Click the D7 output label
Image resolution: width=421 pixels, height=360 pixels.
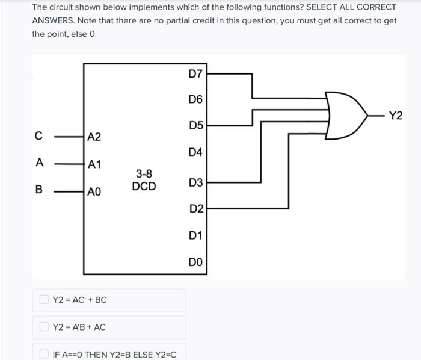tap(196, 74)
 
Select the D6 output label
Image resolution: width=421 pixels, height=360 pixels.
tap(196, 99)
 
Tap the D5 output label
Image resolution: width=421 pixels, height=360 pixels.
tap(196, 126)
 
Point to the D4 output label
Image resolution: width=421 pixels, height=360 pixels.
tap(196, 153)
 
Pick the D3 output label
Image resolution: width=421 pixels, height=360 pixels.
tap(196, 182)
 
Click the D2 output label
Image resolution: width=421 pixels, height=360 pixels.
tap(196, 209)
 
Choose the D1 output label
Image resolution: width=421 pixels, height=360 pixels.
tap(196, 235)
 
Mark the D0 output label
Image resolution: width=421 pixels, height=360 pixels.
tap(196, 262)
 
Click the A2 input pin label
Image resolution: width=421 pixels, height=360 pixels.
tap(94, 137)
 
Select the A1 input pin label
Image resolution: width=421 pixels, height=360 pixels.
tap(94, 164)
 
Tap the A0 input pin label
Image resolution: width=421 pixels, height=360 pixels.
tap(94, 192)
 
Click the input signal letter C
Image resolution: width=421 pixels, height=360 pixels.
tap(38, 137)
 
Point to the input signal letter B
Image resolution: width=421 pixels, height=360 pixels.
tap(39, 190)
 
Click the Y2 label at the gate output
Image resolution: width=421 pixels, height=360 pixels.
tap(395, 116)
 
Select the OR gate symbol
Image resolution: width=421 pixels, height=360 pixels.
tap(346, 116)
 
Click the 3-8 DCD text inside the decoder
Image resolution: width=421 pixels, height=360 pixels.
tap(144, 181)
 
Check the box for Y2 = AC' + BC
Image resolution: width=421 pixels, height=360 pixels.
tap(44, 299)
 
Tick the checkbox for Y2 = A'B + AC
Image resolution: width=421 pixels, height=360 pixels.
tap(44, 327)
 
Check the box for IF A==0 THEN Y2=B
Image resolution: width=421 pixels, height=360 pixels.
tap(44, 353)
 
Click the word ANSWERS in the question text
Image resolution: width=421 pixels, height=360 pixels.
tap(54, 20)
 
